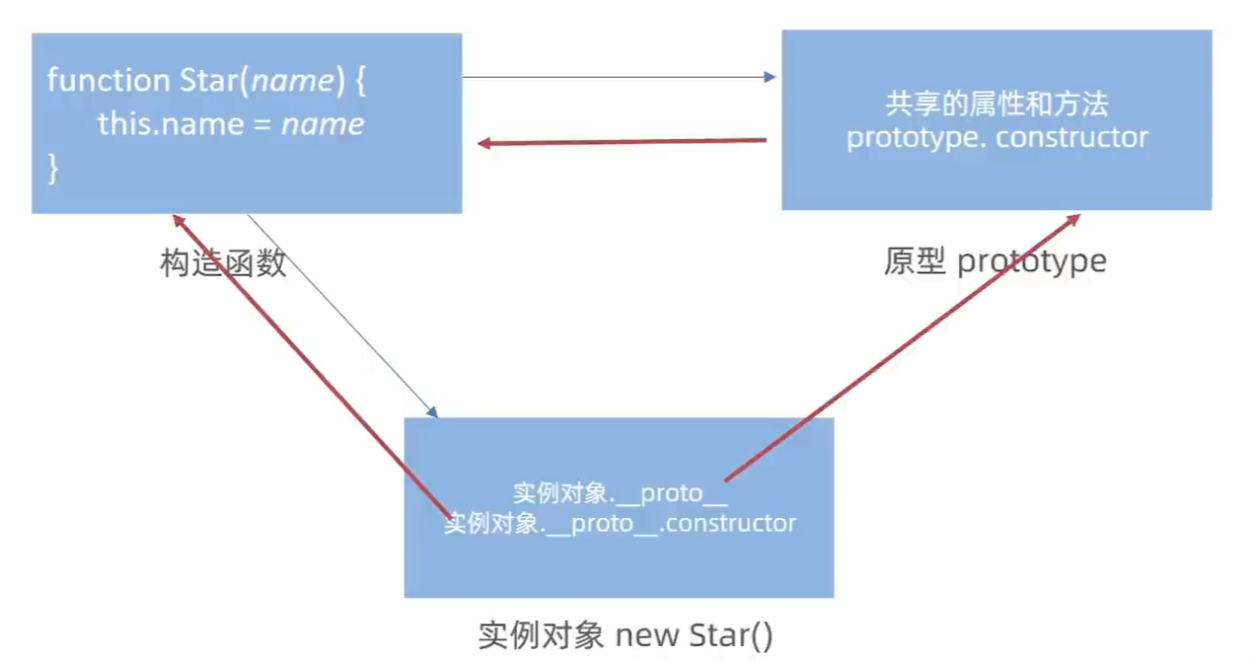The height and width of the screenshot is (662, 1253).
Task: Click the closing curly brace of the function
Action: pyautogui.click(x=53, y=169)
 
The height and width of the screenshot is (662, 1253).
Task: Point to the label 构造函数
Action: pyautogui.click(x=223, y=262)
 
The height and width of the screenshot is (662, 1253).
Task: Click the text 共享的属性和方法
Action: pyautogui.click(x=996, y=104)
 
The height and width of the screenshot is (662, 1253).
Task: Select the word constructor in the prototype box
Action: pyautogui.click(x=1071, y=136)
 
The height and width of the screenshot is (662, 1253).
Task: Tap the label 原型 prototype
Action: pyautogui.click(x=995, y=261)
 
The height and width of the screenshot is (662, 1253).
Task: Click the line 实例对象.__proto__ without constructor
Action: pyautogui.click(x=620, y=493)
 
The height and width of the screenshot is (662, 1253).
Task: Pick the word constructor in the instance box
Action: pyautogui.click(x=730, y=523)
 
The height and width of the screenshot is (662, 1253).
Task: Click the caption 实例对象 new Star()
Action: pyautogui.click(x=626, y=635)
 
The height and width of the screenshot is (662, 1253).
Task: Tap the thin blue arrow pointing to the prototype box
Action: pyautogui.click(x=620, y=77)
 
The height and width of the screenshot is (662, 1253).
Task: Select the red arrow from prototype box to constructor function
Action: pyautogui.click(x=622, y=142)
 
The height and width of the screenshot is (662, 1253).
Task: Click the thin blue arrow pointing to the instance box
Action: pyautogui.click(x=340, y=314)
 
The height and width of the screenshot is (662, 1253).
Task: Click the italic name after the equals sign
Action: pyautogui.click(x=323, y=124)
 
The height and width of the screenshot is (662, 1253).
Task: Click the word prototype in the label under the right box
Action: pyautogui.click(x=1032, y=261)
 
